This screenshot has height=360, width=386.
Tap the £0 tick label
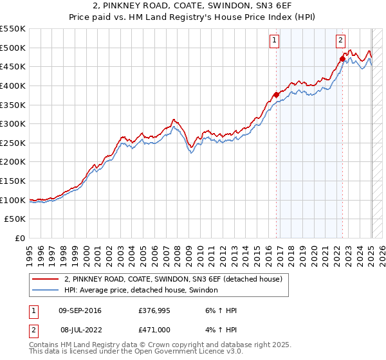coord(19,238)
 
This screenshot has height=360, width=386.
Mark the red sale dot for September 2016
coord(277,94)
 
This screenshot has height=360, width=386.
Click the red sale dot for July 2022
coord(342,59)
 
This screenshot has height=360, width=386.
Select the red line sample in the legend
coord(45,279)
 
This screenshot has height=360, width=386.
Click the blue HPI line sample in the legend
coord(45,291)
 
